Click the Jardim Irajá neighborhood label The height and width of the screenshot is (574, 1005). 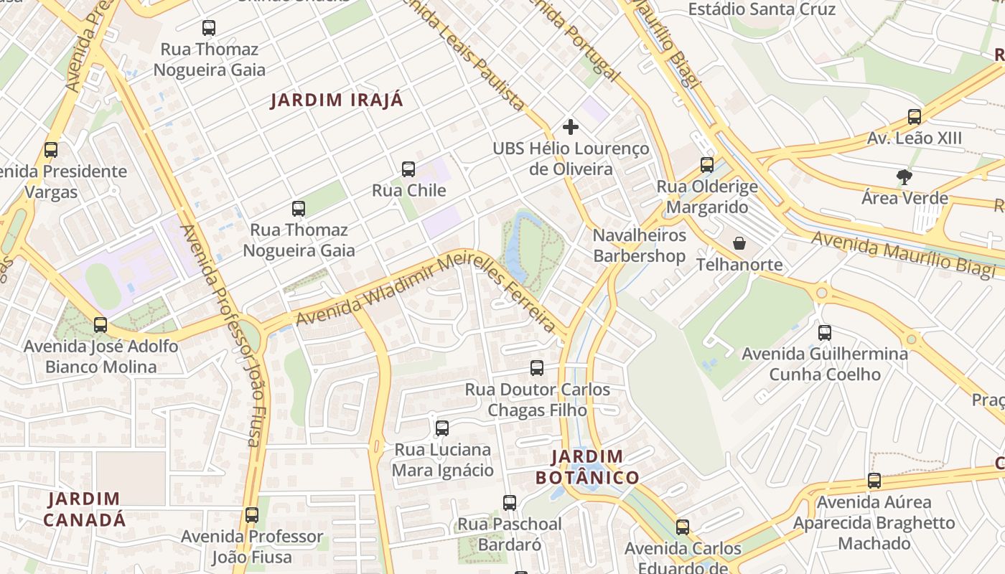click(337, 100)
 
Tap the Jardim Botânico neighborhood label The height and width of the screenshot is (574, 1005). click(587, 467)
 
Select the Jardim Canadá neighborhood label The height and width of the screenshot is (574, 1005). click(84, 509)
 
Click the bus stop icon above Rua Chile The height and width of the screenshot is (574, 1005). click(408, 169)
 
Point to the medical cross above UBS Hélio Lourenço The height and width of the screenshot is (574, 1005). click(571, 127)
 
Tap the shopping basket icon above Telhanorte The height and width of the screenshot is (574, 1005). click(739, 243)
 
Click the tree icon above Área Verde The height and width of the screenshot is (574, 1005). click(904, 177)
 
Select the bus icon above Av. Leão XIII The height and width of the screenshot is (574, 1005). click(914, 116)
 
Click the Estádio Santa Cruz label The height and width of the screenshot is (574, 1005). click(762, 9)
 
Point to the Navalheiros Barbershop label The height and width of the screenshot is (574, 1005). click(639, 245)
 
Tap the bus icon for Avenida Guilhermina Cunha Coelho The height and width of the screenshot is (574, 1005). click(825, 332)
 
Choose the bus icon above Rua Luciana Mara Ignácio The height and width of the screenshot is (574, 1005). click(442, 428)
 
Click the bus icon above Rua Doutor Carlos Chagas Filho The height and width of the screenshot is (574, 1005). click(537, 368)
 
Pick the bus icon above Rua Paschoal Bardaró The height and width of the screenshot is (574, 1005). click(510, 502)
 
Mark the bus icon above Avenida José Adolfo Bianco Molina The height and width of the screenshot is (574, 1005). click(100, 324)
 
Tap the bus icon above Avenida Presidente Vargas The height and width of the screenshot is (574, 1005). click(51, 150)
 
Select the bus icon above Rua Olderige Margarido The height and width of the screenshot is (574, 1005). click(707, 165)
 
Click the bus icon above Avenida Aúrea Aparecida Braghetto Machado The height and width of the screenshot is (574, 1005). click(874, 481)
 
